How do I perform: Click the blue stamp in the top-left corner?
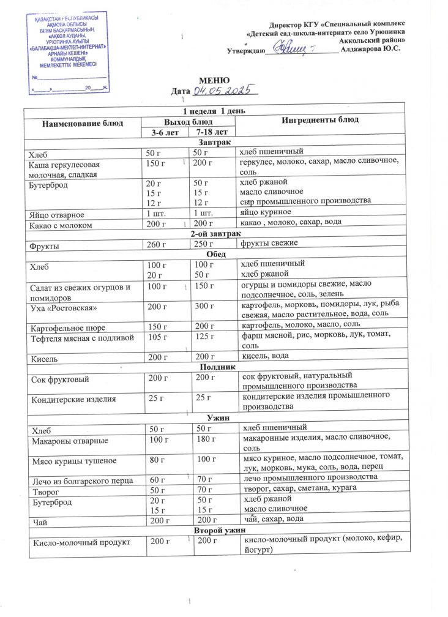pyautogui.click(x=69, y=51)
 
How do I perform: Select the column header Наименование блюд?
pyautogui.click(x=82, y=124)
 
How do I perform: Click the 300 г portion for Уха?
pyautogui.click(x=203, y=305)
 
